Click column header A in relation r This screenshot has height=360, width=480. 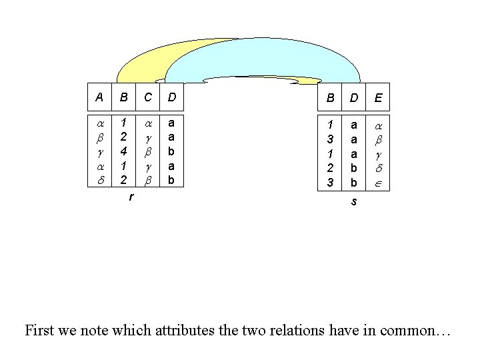(99, 97)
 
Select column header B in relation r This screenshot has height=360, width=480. (123, 97)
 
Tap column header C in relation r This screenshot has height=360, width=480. (147, 97)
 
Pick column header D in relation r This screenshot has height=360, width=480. (171, 97)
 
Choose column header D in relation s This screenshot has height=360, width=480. (354, 98)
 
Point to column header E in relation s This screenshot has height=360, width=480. (378, 98)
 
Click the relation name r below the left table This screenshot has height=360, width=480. (131, 197)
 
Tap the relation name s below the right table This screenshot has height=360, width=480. (354, 201)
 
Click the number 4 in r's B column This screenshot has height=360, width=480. (123, 151)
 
